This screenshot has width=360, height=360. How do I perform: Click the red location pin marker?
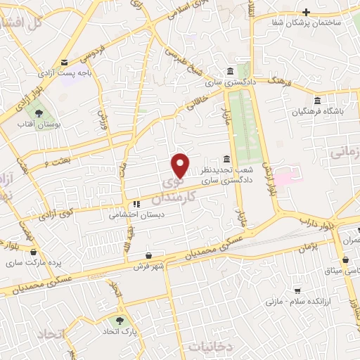181,166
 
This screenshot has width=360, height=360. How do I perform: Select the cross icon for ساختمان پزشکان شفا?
306,12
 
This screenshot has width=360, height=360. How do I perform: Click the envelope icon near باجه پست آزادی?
65,62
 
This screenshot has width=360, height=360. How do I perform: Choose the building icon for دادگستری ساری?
231,71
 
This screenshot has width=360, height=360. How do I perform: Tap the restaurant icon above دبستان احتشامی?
136,205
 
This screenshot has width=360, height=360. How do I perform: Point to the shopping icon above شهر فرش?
148,255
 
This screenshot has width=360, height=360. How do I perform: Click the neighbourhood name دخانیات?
209,347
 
